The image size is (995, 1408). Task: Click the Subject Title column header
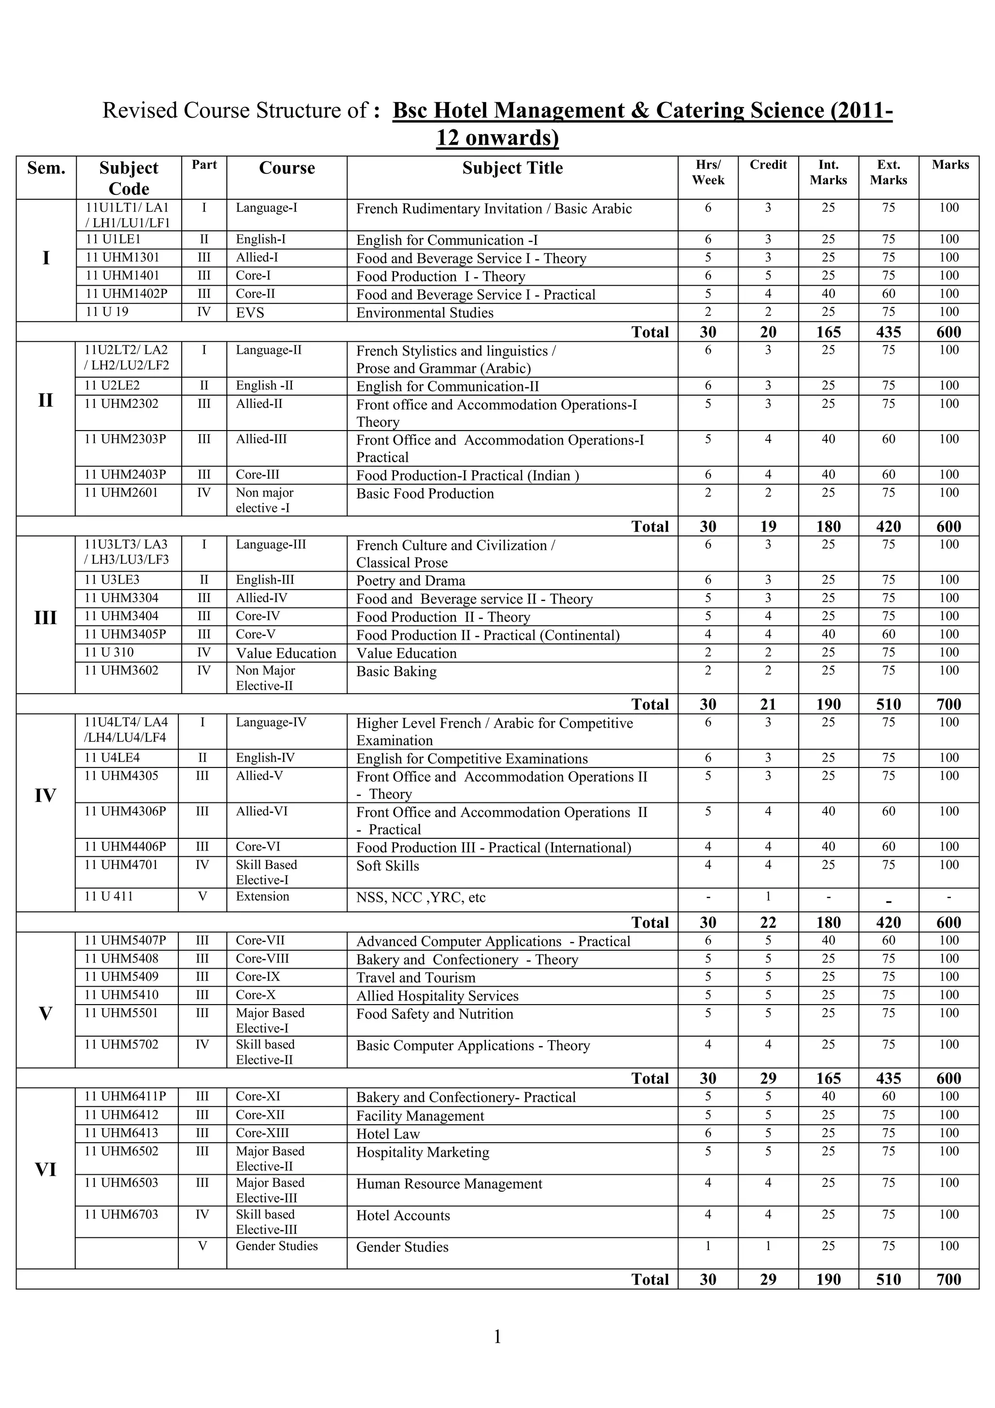(x=512, y=168)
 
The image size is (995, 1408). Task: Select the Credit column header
(x=768, y=165)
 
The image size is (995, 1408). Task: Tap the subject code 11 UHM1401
(x=122, y=276)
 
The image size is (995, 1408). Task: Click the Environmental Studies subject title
(x=424, y=313)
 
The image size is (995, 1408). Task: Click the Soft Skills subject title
(x=387, y=866)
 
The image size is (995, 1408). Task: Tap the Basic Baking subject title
(x=396, y=672)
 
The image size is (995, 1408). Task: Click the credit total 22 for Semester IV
(x=768, y=922)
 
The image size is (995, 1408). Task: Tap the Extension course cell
(x=262, y=897)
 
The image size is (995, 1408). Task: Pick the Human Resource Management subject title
(x=449, y=1183)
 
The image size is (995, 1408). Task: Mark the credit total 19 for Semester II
(x=768, y=526)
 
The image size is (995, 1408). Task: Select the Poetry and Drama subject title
(x=410, y=581)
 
